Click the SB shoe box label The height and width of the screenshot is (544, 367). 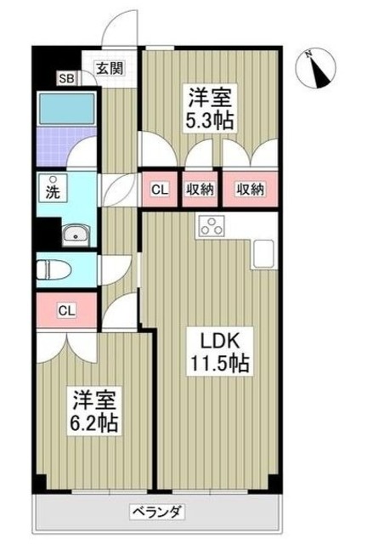tap(65, 79)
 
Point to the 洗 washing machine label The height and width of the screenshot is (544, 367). tap(52, 190)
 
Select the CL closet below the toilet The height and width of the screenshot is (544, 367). tap(65, 310)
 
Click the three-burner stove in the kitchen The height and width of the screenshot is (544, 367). tap(210, 227)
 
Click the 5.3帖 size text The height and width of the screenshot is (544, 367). tap(211, 120)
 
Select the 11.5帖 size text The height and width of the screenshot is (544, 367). tap(218, 364)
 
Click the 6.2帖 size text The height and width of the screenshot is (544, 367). tap(93, 422)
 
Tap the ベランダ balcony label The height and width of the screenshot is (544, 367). tap(156, 512)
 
